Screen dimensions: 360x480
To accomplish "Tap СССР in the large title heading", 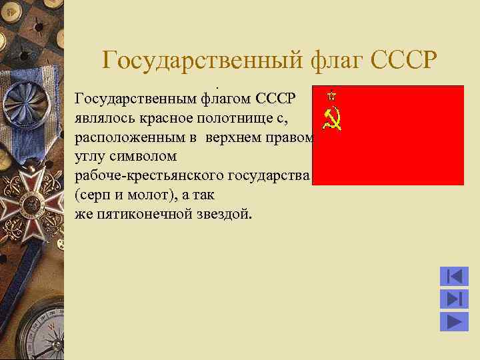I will [x=403, y=60].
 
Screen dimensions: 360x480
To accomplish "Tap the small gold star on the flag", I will [x=330, y=95].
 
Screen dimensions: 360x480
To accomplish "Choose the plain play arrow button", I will [x=454, y=321].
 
